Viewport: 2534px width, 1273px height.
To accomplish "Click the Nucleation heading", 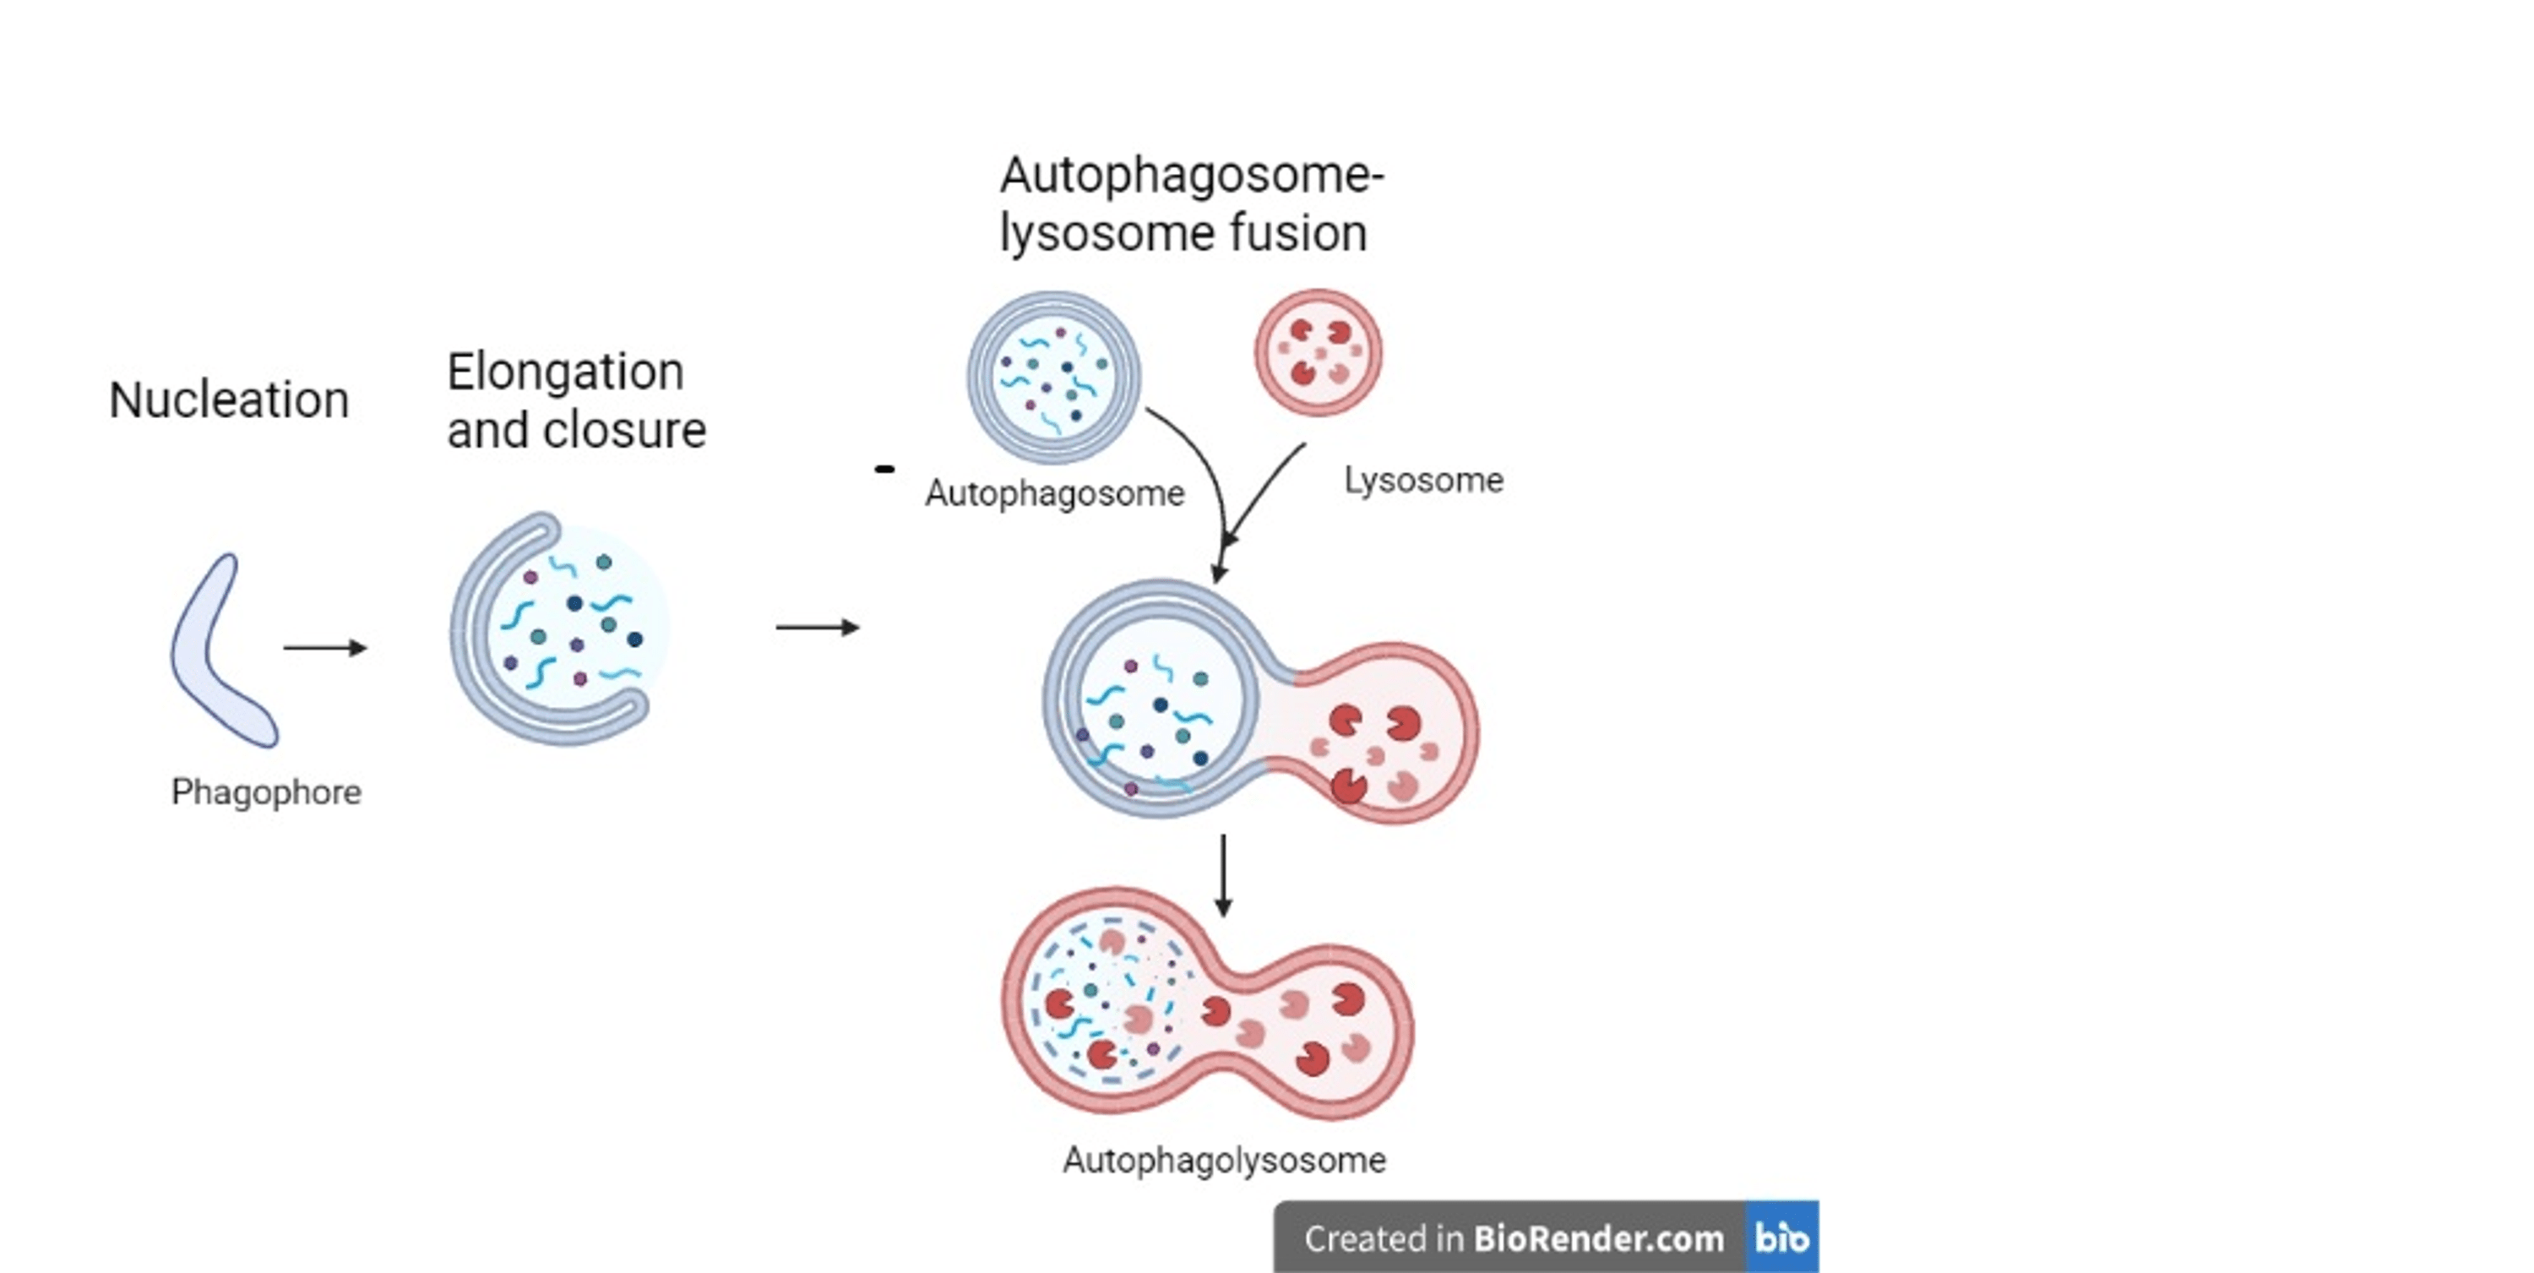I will coord(228,400).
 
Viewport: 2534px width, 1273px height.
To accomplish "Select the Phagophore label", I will coord(265,792).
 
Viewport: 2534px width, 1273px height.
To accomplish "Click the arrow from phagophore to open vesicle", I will coord(324,647).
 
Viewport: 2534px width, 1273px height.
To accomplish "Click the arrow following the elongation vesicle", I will coord(817,627).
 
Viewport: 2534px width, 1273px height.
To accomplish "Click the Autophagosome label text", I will coord(1054,492).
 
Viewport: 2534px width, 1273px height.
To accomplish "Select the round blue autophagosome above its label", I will coord(1053,377).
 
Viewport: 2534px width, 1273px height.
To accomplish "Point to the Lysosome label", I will coord(1423,480).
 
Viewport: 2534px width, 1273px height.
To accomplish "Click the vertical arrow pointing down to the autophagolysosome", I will coord(1223,874).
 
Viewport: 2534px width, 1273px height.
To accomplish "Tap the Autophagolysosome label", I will coord(1224,1160).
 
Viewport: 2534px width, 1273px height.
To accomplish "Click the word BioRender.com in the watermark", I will coord(1597,1238).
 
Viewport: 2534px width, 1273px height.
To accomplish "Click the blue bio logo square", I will coord(1781,1237).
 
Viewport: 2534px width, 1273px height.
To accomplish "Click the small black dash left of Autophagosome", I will coord(884,470).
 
